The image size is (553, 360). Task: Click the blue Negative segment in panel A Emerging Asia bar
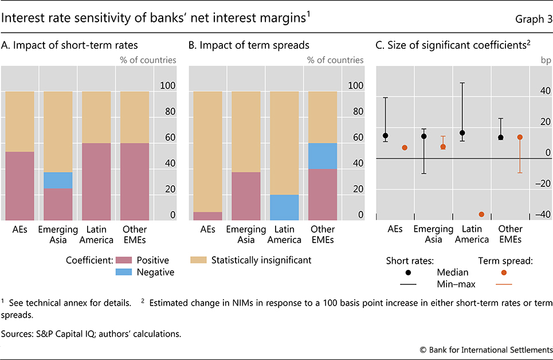point(58,181)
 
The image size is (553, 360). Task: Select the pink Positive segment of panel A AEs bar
point(19,186)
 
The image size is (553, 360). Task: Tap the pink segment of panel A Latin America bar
point(96,181)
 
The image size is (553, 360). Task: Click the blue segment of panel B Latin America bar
point(284,208)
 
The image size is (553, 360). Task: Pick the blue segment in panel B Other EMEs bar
point(323,156)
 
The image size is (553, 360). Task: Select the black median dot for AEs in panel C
point(386,136)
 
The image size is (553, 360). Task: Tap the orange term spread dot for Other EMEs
point(520,138)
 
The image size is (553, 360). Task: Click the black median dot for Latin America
point(462,133)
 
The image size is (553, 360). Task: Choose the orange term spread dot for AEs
point(405,148)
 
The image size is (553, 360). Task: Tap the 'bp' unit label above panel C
point(545,60)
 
